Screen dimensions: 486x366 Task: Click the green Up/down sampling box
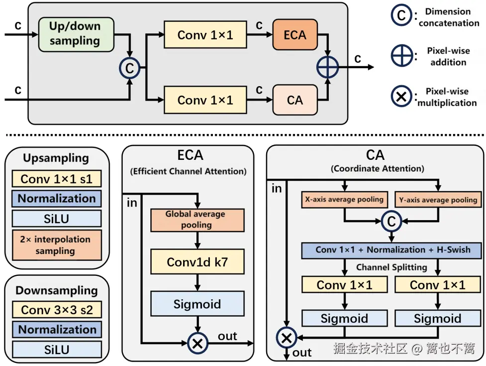(x=76, y=34)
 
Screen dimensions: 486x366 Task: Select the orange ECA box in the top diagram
(x=295, y=35)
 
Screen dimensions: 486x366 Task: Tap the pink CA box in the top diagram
(x=295, y=100)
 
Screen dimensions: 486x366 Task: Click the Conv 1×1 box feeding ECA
(x=205, y=35)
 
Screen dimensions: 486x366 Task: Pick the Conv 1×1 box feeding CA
(x=205, y=100)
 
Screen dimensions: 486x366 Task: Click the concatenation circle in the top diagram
(x=129, y=68)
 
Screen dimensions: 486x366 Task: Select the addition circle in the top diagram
(x=328, y=67)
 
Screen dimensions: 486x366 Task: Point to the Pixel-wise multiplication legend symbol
(x=401, y=97)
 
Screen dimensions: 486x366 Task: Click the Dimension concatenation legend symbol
(x=401, y=15)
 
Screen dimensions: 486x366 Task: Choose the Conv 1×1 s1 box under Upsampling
(x=57, y=179)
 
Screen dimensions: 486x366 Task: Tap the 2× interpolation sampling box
(x=57, y=245)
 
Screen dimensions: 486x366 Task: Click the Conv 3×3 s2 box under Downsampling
(x=57, y=310)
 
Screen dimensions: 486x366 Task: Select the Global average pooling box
(x=197, y=220)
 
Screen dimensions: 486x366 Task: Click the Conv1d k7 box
(x=197, y=261)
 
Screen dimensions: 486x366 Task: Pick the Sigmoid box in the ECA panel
(x=197, y=304)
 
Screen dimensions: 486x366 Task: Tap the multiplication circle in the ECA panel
(x=197, y=343)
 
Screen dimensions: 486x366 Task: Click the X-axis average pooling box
(x=344, y=200)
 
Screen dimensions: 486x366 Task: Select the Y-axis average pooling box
(x=438, y=200)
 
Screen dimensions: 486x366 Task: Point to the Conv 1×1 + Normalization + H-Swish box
(x=391, y=250)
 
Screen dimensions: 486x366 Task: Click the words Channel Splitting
(x=391, y=267)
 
